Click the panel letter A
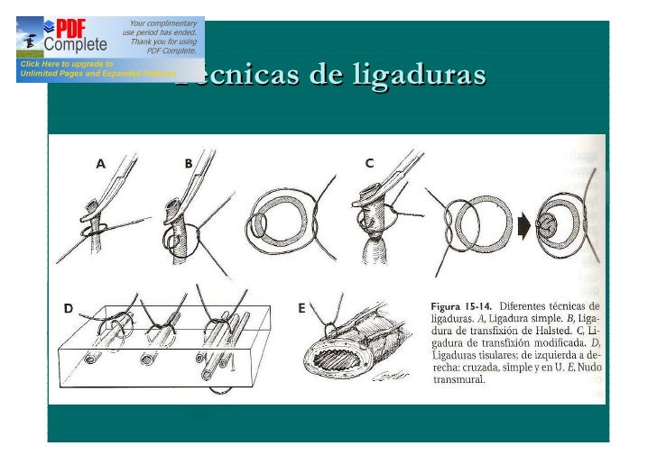click(101, 163)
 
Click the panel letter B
click(189, 163)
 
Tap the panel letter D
click(68, 309)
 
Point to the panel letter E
click(301, 308)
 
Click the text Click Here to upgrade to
click(63, 64)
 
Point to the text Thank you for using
click(163, 41)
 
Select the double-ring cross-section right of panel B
click(279, 224)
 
